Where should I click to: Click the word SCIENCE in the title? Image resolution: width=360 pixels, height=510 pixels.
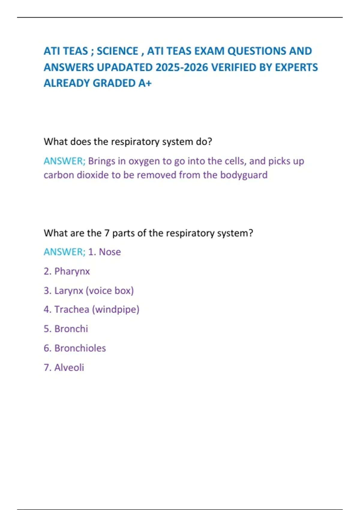pyautogui.click(x=117, y=51)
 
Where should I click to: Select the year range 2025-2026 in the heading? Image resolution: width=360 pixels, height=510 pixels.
pyautogui.click(x=182, y=67)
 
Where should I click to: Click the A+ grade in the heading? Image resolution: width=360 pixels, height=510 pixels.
pyautogui.click(x=145, y=83)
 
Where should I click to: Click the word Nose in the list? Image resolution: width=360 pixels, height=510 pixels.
pyautogui.click(x=110, y=252)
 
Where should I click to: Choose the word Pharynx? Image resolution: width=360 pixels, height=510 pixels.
pyautogui.click(x=72, y=271)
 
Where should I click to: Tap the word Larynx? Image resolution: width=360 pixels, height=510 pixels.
pyautogui.click(x=69, y=291)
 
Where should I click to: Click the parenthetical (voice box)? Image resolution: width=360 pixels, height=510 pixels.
pyautogui.click(x=110, y=291)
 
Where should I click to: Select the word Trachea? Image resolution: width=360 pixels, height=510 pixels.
pyautogui.click(x=72, y=310)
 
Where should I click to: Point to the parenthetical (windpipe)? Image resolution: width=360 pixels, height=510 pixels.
pyautogui.click(x=115, y=310)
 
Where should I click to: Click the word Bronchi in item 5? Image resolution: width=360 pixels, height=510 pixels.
pyautogui.click(x=71, y=329)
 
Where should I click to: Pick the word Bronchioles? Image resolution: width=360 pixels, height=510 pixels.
pyautogui.click(x=80, y=348)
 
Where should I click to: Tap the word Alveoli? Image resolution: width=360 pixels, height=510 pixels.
pyautogui.click(x=69, y=367)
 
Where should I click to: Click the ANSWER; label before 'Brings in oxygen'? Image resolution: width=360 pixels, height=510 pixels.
pyautogui.click(x=64, y=161)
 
